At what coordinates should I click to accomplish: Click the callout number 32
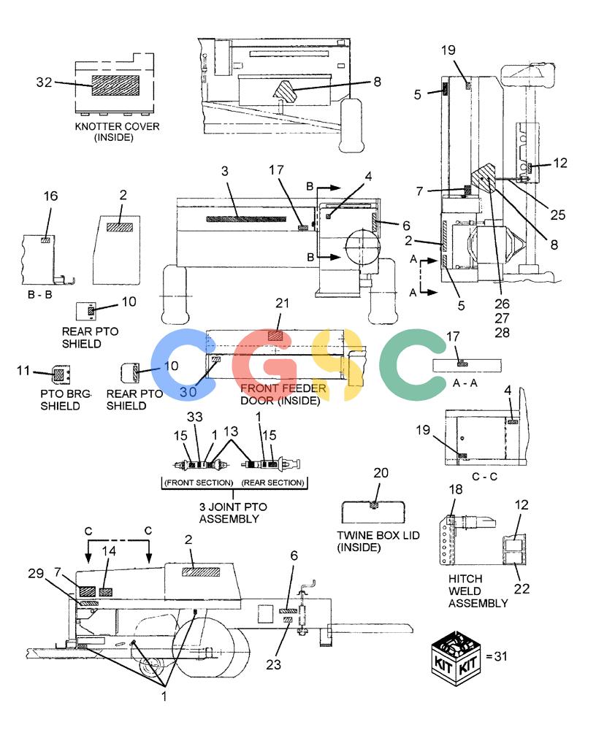click(x=45, y=82)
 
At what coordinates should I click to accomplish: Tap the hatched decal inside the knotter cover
click(x=115, y=85)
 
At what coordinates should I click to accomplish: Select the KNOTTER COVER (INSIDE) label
click(x=117, y=131)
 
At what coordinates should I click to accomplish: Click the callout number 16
click(x=51, y=196)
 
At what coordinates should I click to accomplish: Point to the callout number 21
click(x=283, y=303)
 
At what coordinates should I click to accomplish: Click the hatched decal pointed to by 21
click(x=275, y=336)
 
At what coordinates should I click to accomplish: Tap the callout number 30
click(x=188, y=392)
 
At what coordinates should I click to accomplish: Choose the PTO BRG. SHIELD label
click(x=66, y=400)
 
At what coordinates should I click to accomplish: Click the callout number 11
click(x=23, y=371)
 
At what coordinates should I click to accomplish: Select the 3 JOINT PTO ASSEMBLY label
click(x=233, y=512)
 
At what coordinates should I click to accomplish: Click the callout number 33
click(x=195, y=417)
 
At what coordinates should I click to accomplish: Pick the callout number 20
click(x=381, y=473)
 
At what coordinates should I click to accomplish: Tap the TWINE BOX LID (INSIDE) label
click(x=378, y=542)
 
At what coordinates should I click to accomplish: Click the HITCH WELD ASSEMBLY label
click(x=478, y=591)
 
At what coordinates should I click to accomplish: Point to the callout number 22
click(x=522, y=589)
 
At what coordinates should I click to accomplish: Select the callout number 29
click(x=36, y=573)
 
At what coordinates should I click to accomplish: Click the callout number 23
click(x=274, y=664)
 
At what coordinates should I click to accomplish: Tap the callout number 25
click(x=558, y=215)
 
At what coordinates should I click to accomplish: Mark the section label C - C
click(x=485, y=477)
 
